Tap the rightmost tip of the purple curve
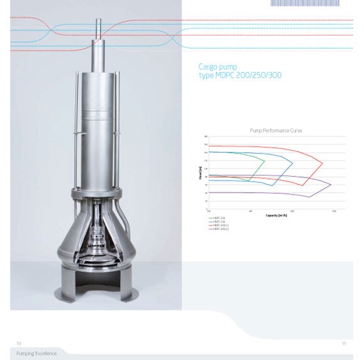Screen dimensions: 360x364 pyautogui.click(x=331, y=184)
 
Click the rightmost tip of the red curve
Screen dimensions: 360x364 pyautogui.click(x=322, y=163)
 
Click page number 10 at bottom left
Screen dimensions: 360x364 pyautogui.click(x=19, y=343)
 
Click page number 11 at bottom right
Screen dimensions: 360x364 pyautogui.click(x=344, y=343)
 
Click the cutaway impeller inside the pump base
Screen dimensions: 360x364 pyautogui.click(x=99, y=243)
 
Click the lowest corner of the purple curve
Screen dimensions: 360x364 pyautogui.click(x=309, y=197)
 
